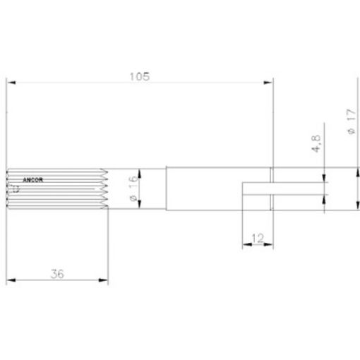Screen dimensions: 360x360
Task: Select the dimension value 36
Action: click(58, 275)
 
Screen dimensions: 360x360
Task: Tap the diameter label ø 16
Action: click(131, 188)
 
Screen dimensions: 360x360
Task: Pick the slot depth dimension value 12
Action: click(257, 239)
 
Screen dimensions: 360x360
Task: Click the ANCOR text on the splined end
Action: click(32, 180)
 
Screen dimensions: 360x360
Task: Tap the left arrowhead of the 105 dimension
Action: click(11, 84)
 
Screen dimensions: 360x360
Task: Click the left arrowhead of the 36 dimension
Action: click(11, 282)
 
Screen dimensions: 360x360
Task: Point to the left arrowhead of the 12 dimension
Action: click(246, 246)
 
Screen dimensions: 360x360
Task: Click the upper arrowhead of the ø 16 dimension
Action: click(139, 172)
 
